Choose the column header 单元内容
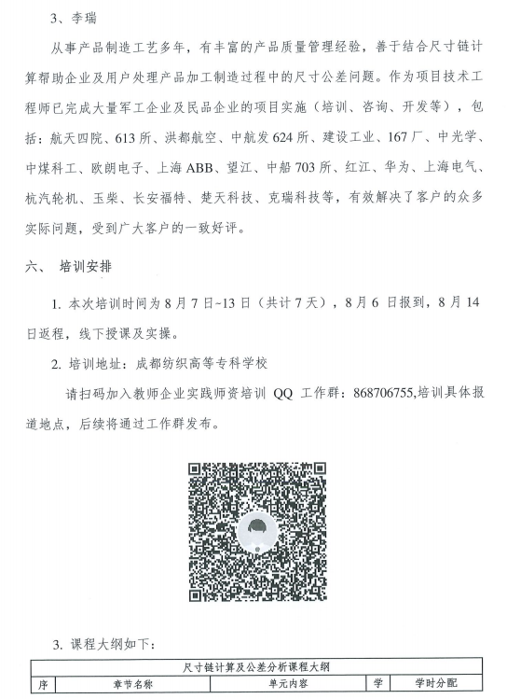tap(277, 684)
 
